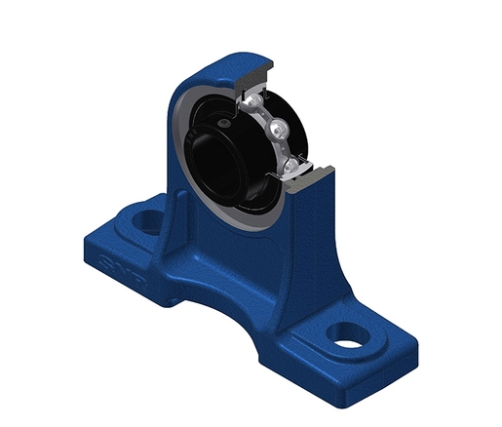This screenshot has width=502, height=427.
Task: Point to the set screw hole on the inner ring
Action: click(226, 124)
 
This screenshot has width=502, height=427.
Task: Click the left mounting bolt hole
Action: click(149, 221)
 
